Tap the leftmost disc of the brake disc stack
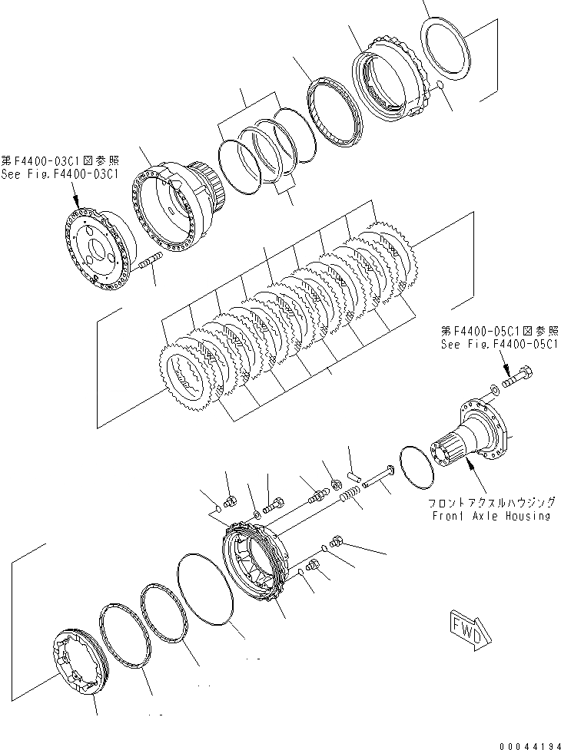pyautogui.click(x=188, y=377)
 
